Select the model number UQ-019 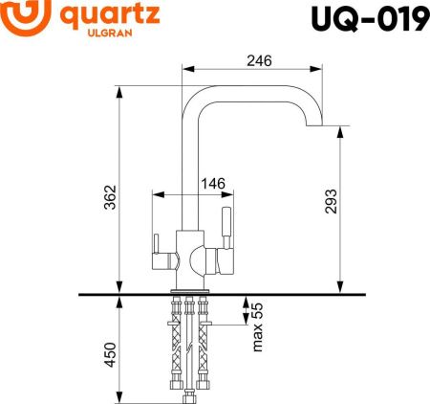tap(367, 18)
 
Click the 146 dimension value tap(212, 183)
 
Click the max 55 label tap(257, 326)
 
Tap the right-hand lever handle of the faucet tap(227, 225)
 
